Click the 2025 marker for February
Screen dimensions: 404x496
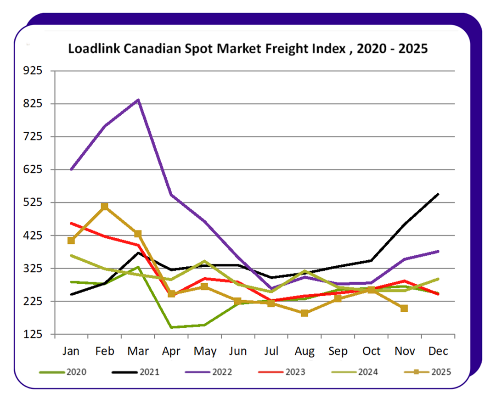click(105, 207)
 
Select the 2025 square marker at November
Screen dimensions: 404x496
click(404, 308)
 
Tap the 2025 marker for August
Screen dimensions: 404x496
click(304, 313)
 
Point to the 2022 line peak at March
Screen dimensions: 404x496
click(138, 100)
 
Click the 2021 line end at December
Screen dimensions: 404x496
click(438, 194)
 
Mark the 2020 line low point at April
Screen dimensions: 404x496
click(172, 327)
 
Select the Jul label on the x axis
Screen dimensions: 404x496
click(271, 351)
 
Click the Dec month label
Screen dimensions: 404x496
click(438, 351)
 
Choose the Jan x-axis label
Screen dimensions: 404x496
click(71, 351)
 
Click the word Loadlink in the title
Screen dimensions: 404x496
click(90, 49)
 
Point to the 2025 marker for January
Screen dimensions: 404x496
click(71, 241)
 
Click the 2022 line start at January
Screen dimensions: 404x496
click(71, 169)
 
